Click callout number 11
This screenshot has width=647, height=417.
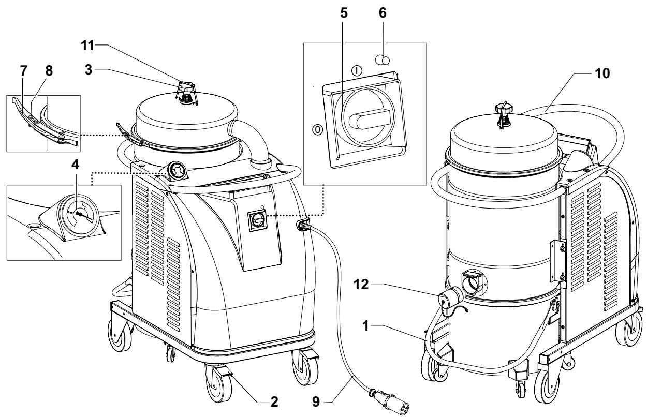(x=87, y=46)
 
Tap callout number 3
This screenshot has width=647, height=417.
(x=89, y=70)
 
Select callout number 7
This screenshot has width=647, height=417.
(x=24, y=71)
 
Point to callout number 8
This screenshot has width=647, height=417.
(x=49, y=71)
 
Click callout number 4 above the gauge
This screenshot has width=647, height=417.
(x=75, y=165)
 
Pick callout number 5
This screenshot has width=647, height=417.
(x=344, y=13)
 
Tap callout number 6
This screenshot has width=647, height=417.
(x=383, y=13)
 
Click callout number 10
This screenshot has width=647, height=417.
(x=602, y=73)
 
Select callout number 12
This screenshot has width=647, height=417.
(x=361, y=285)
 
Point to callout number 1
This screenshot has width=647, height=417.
(x=365, y=326)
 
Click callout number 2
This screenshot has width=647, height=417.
(x=274, y=401)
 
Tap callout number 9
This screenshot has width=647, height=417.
(x=316, y=401)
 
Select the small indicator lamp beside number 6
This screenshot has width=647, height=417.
(x=382, y=61)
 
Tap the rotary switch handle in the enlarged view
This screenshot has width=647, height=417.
(x=371, y=118)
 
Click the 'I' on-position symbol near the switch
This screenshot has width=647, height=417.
(x=357, y=70)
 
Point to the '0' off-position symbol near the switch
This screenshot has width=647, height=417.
(x=318, y=130)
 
